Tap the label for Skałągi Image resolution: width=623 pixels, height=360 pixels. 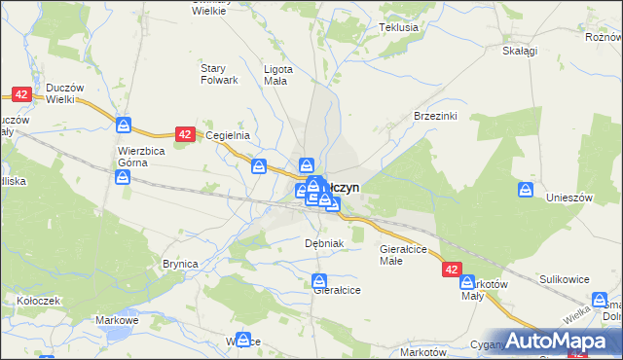(x=520, y=51)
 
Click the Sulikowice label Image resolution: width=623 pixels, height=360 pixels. (x=566, y=279)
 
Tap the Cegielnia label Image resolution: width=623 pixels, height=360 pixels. (x=230, y=136)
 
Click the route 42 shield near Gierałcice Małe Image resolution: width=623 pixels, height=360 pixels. (x=451, y=268)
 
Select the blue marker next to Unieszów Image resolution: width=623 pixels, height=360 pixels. (x=527, y=190)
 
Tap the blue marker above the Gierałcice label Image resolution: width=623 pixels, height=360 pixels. (x=320, y=282)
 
